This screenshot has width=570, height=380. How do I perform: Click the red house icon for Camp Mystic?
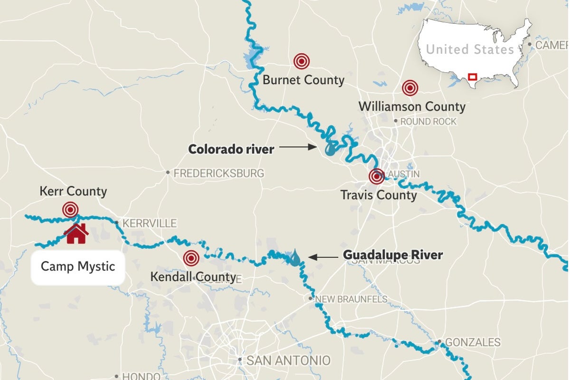(76, 234)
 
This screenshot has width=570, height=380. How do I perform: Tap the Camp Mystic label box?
(78, 266)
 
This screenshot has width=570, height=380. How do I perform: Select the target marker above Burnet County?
(301, 61)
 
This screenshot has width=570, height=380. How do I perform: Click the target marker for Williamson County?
(410, 88)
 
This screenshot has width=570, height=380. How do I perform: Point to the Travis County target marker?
(377, 177)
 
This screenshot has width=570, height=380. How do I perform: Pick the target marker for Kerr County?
(70, 209)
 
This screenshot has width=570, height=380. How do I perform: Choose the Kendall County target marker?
(191, 258)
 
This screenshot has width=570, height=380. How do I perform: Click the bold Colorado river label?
(231, 149)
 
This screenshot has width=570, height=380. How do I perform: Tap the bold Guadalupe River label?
(393, 256)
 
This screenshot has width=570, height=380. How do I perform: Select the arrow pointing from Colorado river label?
(298, 148)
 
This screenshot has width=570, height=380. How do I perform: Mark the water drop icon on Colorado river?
(330, 150)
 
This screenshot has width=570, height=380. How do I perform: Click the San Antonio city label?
(288, 361)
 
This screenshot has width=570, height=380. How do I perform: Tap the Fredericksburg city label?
(218, 173)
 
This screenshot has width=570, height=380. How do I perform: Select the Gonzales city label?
(472, 342)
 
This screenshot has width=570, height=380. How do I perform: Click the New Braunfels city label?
(351, 299)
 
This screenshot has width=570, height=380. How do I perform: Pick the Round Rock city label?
(428, 122)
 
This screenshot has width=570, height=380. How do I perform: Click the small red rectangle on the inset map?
(472, 76)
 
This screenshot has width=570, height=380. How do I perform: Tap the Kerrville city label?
(149, 223)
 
